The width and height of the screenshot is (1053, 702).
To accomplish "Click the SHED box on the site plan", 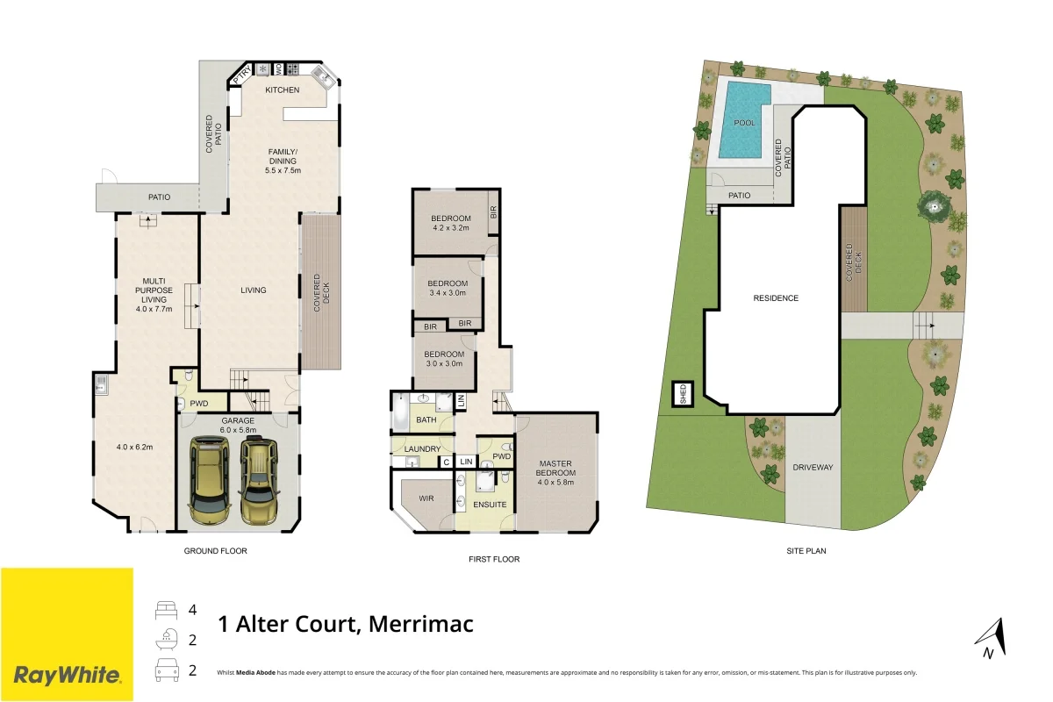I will [x=682, y=395].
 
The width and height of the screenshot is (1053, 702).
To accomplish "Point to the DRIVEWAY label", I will [x=812, y=467].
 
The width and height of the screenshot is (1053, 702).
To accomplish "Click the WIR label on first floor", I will [x=427, y=498].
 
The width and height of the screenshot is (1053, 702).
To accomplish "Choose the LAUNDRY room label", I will [x=423, y=449].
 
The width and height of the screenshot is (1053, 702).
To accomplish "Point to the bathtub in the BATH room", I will [x=401, y=412].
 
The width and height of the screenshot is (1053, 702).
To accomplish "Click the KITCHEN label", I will [x=283, y=90].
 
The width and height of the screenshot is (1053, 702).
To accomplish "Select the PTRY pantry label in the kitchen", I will [x=242, y=75].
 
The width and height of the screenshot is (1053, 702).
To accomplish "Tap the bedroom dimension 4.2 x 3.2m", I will [x=451, y=228].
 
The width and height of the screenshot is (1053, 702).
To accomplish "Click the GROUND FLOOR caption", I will [x=215, y=551].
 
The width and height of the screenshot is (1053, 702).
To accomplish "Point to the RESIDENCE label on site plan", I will [x=776, y=298].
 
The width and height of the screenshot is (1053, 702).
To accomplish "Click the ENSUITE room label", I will [x=489, y=505].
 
